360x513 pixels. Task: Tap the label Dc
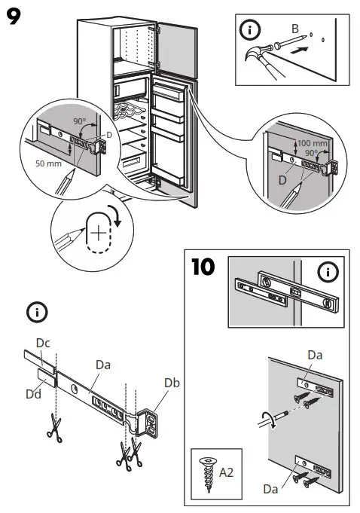pos(44,342)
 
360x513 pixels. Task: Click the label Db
pos(172,383)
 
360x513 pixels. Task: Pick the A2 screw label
pos(226,472)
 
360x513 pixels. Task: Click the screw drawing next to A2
pos(204,472)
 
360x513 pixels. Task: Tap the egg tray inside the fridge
pos(128,113)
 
